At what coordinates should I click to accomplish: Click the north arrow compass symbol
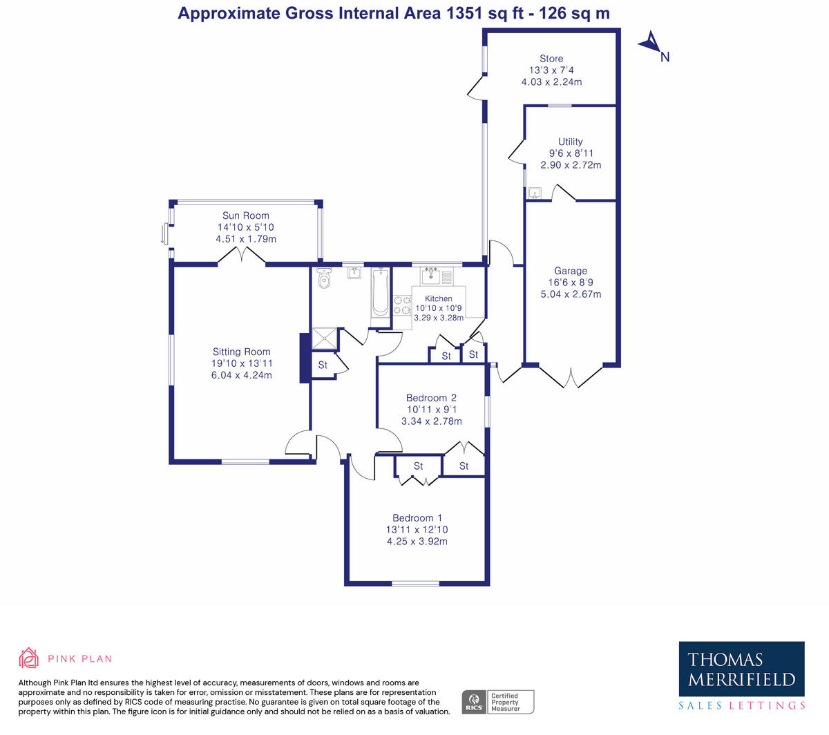coord(651,44)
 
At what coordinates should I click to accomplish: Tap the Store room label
coord(551,59)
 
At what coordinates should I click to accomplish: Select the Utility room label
coord(571,142)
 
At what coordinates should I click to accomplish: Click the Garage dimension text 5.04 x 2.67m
coord(571,294)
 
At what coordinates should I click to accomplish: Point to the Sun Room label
coord(246,216)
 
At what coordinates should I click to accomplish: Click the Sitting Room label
coord(241,352)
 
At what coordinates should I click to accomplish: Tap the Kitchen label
coord(439,298)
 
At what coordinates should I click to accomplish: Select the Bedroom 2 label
coord(431,398)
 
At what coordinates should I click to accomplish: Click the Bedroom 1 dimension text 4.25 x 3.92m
coord(417,542)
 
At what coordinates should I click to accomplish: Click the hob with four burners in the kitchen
coord(402,305)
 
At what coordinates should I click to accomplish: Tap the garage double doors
coord(571,376)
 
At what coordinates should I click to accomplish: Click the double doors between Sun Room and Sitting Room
coord(242,257)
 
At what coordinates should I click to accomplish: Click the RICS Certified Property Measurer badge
coord(497,702)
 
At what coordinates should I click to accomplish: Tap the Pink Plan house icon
coord(28,658)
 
